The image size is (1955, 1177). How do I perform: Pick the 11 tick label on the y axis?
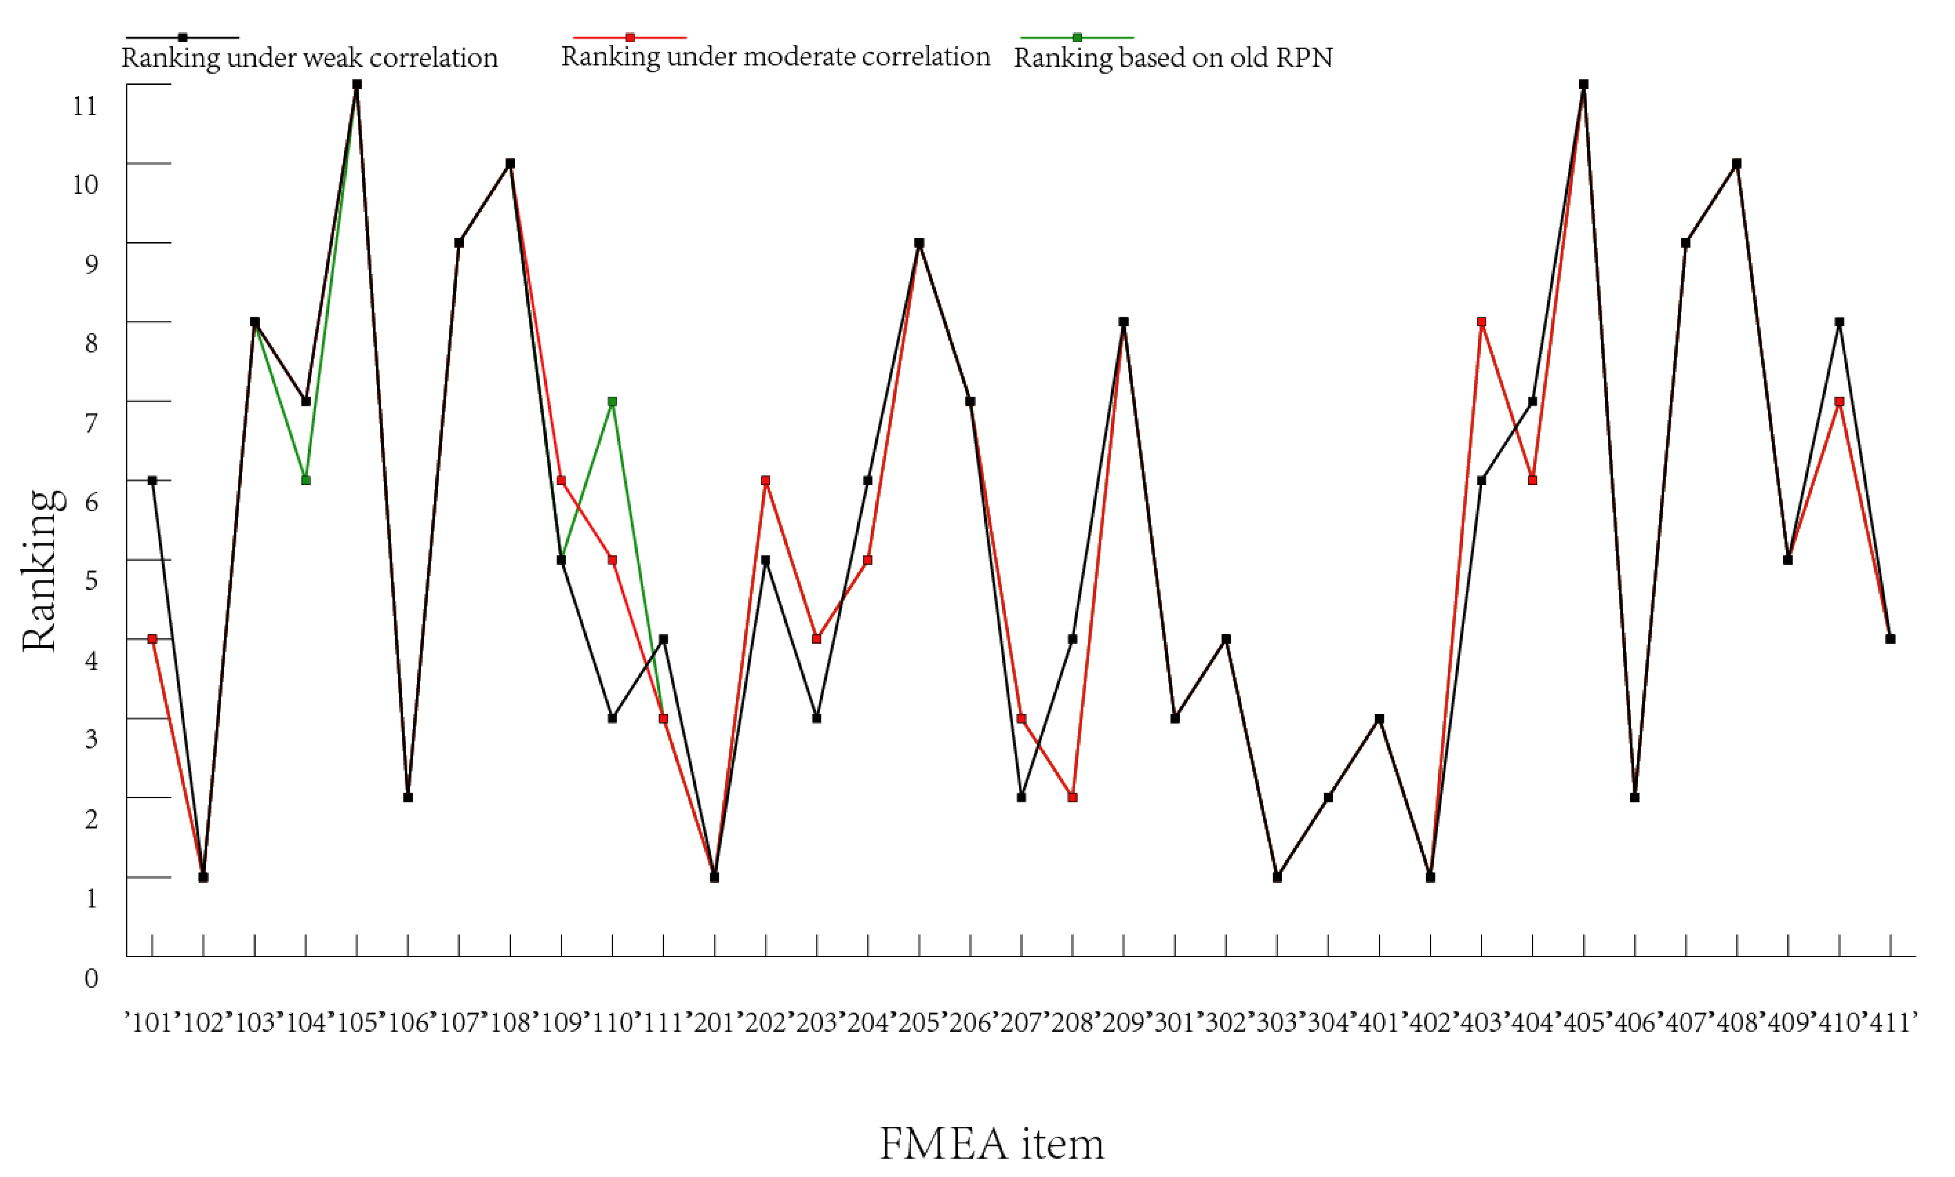85,105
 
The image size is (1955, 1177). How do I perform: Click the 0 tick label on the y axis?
91,978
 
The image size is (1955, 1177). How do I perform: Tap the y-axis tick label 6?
91,501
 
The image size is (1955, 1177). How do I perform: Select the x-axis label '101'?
152,1022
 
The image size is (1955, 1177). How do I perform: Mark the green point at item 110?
612,402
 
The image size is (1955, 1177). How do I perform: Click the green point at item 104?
306,480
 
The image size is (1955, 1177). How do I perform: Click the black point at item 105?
357,84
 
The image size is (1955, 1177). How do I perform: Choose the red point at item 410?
1839,402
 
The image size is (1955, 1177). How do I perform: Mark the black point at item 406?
1635,797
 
